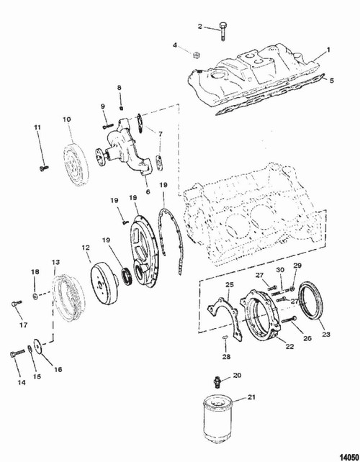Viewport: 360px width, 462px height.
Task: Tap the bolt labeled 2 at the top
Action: coord(222,31)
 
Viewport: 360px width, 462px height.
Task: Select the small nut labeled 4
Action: coord(195,54)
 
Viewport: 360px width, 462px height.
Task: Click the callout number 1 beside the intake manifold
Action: coord(328,50)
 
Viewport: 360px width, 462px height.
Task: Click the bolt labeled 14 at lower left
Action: coord(17,353)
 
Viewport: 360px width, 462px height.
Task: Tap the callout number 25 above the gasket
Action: coord(230,285)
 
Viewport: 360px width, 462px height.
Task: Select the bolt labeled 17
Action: coord(17,303)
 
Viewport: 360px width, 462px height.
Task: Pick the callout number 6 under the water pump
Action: coord(148,191)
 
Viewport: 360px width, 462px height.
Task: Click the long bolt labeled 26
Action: coord(289,320)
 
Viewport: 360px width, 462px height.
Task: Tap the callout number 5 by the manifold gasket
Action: coord(332,81)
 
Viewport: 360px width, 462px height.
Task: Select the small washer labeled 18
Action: coord(35,296)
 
